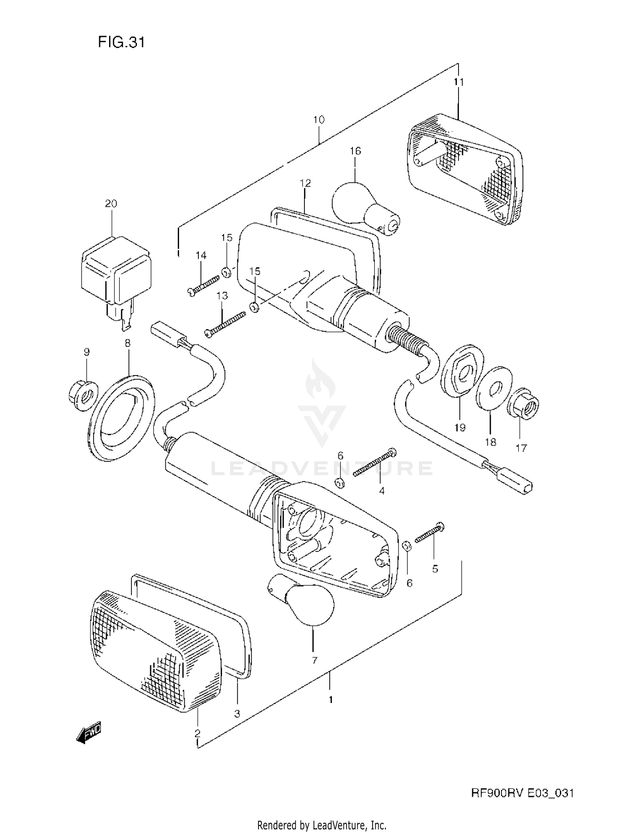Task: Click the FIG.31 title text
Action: click(122, 42)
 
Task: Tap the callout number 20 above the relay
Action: click(111, 203)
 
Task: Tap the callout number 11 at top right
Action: click(459, 82)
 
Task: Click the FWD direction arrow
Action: click(89, 732)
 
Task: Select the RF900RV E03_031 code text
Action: click(522, 793)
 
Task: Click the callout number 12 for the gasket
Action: click(305, 183)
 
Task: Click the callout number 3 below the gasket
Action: click(237, 713)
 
